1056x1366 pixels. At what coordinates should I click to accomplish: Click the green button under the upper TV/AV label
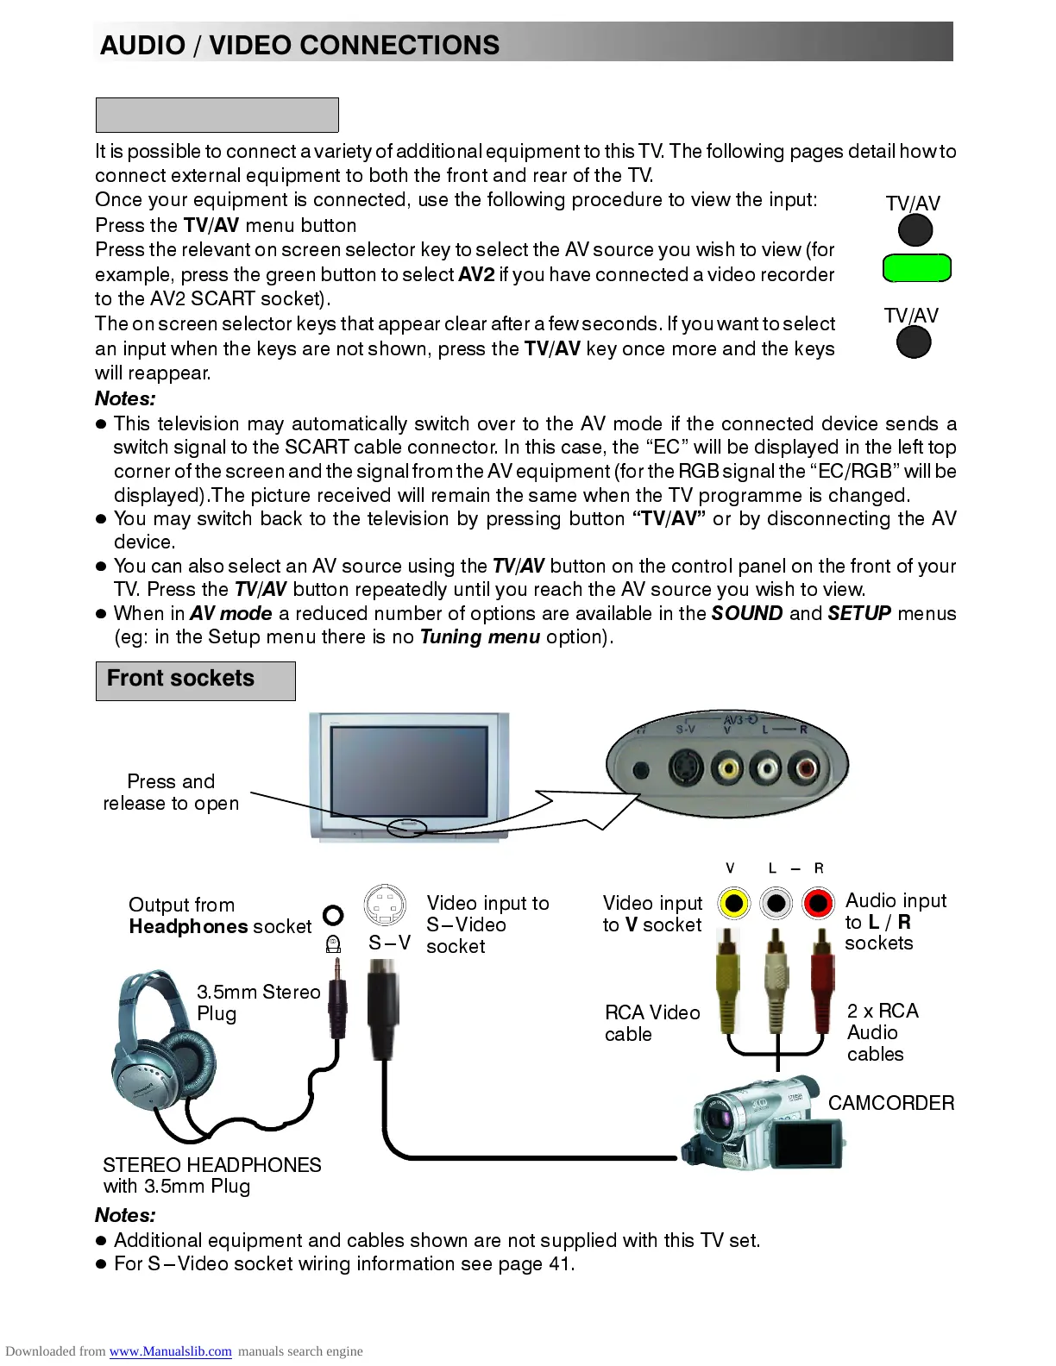[916, 268]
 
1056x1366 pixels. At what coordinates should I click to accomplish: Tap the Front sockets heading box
[195, 680]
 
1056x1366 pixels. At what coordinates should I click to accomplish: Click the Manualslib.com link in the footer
[170, 1351]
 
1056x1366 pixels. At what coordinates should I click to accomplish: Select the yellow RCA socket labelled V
[734, 903]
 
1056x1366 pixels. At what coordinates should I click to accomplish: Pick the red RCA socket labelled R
[818, 903]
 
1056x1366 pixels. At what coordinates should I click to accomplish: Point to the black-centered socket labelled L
[776, 903]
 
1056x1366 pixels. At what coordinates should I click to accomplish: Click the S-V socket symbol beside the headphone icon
[385, 905]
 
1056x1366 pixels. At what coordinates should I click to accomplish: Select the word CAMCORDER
[890, 1103]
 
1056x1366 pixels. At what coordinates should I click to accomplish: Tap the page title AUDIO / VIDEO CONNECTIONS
[299, 45]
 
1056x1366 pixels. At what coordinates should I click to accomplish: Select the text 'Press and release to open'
[171, 792]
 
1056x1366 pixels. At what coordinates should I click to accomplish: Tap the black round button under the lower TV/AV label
[914, 342]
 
